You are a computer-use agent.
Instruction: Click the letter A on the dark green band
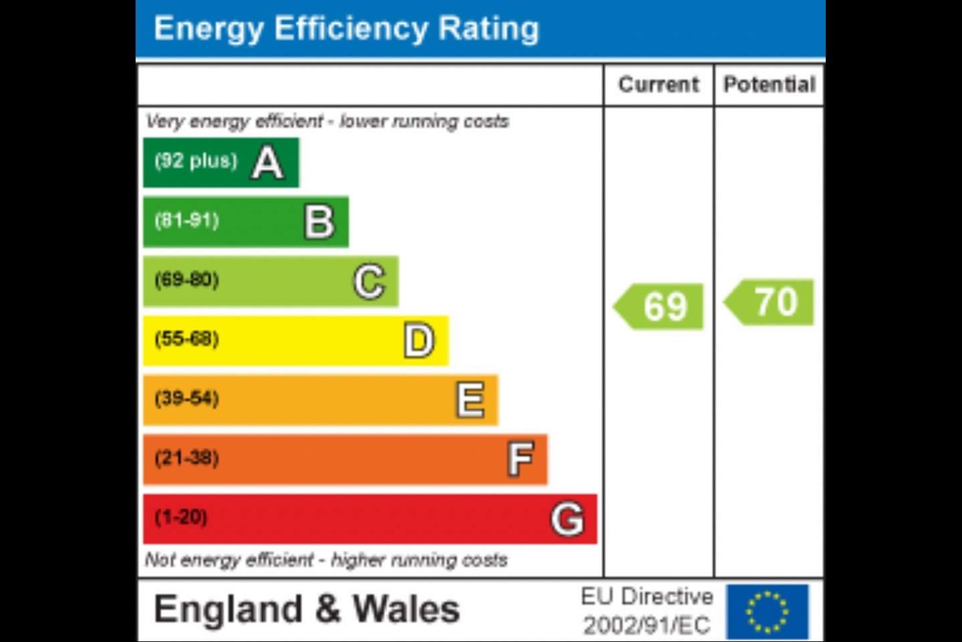[x=268, y=163]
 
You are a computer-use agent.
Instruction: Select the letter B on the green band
[x=319, y=222]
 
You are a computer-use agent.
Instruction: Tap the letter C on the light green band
[x=369, y=282]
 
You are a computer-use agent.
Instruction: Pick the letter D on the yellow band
[x=420, y=340]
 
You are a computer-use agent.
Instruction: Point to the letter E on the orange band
[x=470, y=400]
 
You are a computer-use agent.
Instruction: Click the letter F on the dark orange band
[x=520, y=459]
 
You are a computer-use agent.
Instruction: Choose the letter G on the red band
[x=567, y=519]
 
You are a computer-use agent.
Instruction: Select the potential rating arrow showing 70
[x=770, y=302]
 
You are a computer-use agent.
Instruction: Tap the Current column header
[x=659, y=85]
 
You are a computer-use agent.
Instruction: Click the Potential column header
[x=770, y=85]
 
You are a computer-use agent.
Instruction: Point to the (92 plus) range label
[x=196, y=161]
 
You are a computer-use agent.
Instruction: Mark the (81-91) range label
[x=187, y=221]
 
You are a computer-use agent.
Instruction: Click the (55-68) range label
[x=187, y=339]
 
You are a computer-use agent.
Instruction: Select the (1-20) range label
[x=181, y=517]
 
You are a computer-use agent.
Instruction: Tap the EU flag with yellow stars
[x=767, y=611]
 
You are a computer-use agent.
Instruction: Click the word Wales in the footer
[x=406, y=610]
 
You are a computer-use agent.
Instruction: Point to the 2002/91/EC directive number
[x=647, y=626]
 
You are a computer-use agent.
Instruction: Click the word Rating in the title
[x=488, y=29]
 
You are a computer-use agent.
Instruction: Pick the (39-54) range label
[x=187, y=399]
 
